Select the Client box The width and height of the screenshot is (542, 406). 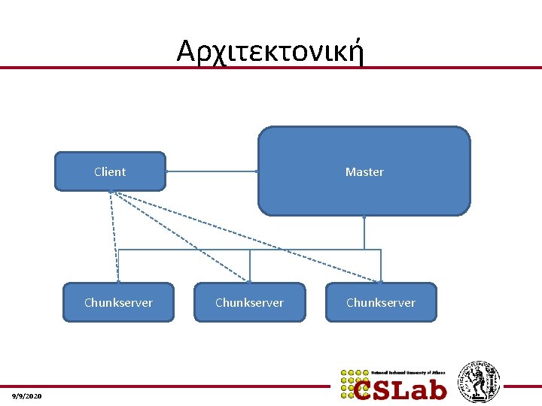click(x=110, y=171)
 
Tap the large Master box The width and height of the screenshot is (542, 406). click(x=364, y=171)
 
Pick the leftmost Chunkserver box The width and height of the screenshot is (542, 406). click(x=118, y=302)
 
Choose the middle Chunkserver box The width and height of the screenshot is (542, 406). click(x=249, y=302)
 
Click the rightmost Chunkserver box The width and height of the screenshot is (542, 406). click(x=380, y=302)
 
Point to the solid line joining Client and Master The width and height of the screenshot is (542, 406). click(x=211, y=171)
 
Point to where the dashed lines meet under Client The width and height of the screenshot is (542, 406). click(x=111, y=192)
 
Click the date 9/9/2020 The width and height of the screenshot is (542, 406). click(x=27, y=395)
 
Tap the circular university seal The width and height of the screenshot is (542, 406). click(x=480, y=382)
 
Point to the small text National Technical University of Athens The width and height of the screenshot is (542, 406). click(x=409, y=372)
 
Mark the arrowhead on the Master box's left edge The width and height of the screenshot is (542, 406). click(x=257, y=171)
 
